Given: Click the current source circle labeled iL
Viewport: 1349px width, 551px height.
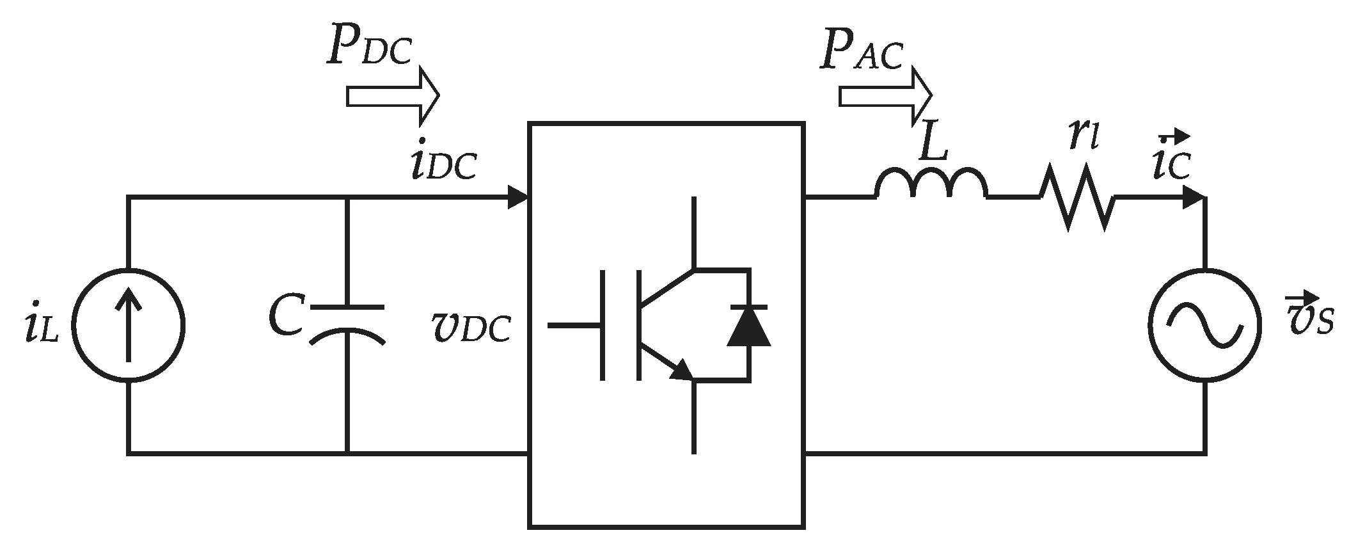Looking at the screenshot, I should (x=128, y=325).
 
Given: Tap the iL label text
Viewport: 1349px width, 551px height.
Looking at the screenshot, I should (x=40, y=328).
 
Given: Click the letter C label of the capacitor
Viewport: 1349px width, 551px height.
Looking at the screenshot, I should (x=285, y=316).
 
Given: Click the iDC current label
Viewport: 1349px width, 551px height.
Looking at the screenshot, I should (x=443, y=165).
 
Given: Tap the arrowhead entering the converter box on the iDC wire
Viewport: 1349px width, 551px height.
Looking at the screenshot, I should (x=517, y=197).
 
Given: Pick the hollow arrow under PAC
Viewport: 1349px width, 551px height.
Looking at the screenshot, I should (x=885, y=96).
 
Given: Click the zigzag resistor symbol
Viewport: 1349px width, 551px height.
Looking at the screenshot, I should (x=1077, y=197).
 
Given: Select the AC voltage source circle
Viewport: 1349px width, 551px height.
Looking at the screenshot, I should (x=1204, y=325).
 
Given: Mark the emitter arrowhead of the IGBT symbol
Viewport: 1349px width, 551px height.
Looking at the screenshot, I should (x=682, y=370).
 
